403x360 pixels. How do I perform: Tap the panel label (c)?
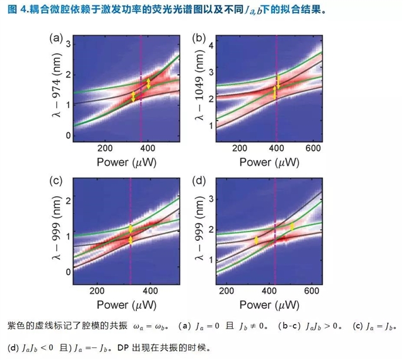click(56, 182)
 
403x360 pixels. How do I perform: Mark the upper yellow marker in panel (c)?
click(131, 229)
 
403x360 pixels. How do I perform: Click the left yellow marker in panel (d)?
click(256, 240)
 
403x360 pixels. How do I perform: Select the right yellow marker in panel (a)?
click(149, 83)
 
